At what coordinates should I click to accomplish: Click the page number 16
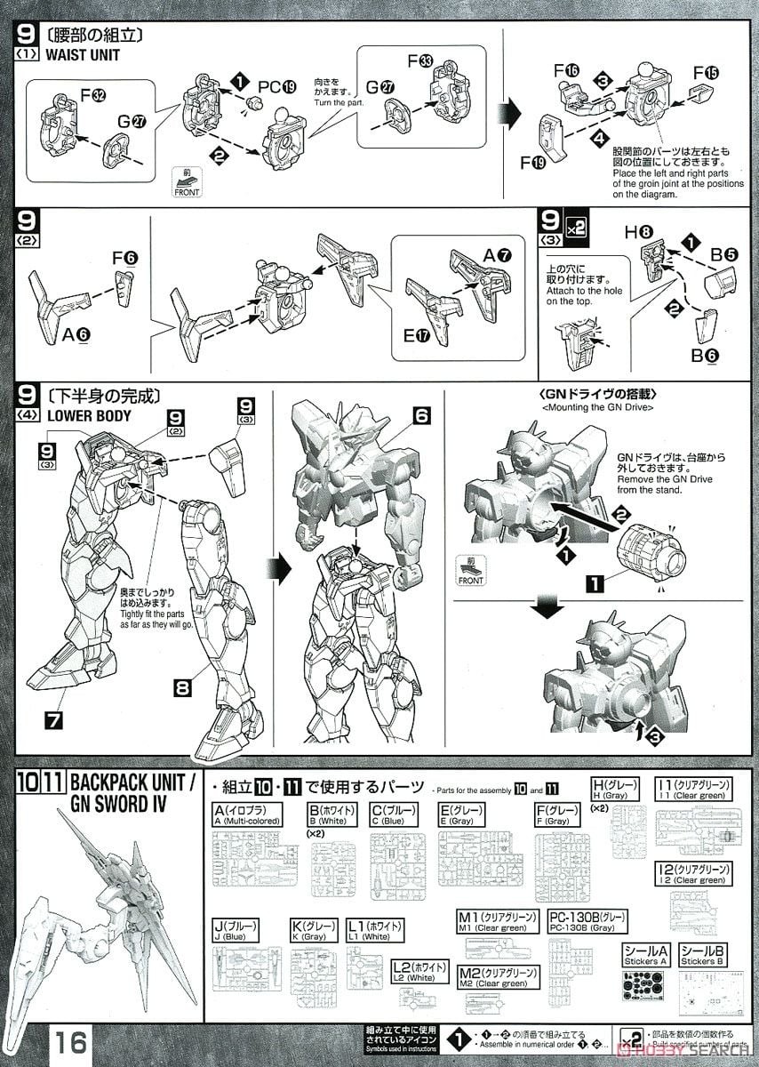click(71, 1041)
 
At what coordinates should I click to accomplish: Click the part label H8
click(637, 232)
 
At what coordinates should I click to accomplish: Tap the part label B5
click(724, 253)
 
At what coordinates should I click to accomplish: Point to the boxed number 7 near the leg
click(53, 718)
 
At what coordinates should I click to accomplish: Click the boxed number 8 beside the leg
click(183, 686)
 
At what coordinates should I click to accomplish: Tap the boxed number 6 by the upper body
click(421, 414)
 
